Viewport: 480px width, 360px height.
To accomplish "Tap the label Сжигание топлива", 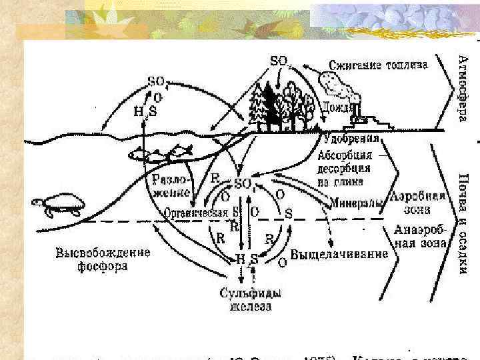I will point(379,65).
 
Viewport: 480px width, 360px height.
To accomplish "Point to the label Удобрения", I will point(351,139).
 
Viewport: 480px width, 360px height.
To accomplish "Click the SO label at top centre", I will point(279,61).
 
